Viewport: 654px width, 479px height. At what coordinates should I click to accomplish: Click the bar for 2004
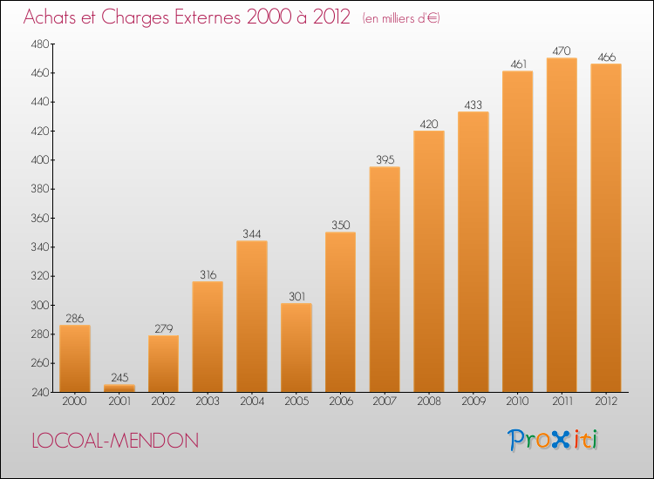tap(252, 316)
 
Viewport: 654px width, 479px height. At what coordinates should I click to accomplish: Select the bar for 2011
tap(562, 225)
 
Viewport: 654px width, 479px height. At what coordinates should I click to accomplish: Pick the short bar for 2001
tap(119, 388)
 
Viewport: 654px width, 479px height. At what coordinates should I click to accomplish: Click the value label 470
tap(562, 51)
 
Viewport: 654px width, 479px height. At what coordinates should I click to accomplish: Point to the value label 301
tap(296, 296)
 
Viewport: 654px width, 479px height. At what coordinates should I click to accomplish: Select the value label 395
tap(385, 159)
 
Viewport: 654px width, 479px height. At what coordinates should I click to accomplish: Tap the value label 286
tap(75, 318)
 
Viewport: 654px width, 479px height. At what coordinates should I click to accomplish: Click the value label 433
tap(473, 105)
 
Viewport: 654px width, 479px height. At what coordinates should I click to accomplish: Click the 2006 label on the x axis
tap(340, 401)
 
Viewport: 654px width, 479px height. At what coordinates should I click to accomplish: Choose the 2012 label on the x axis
tap(606, 401)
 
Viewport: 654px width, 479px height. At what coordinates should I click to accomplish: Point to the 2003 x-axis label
tap(208, 401)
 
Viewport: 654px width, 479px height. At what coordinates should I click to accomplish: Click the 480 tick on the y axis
tap(40, 44)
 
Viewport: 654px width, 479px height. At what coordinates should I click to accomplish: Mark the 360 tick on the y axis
tap(40, 218)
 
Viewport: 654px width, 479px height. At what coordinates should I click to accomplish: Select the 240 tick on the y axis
tap(40, 392)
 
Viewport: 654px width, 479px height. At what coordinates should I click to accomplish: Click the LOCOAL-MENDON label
tap(114, 441)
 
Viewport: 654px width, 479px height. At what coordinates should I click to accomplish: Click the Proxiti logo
tap(554, 440)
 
